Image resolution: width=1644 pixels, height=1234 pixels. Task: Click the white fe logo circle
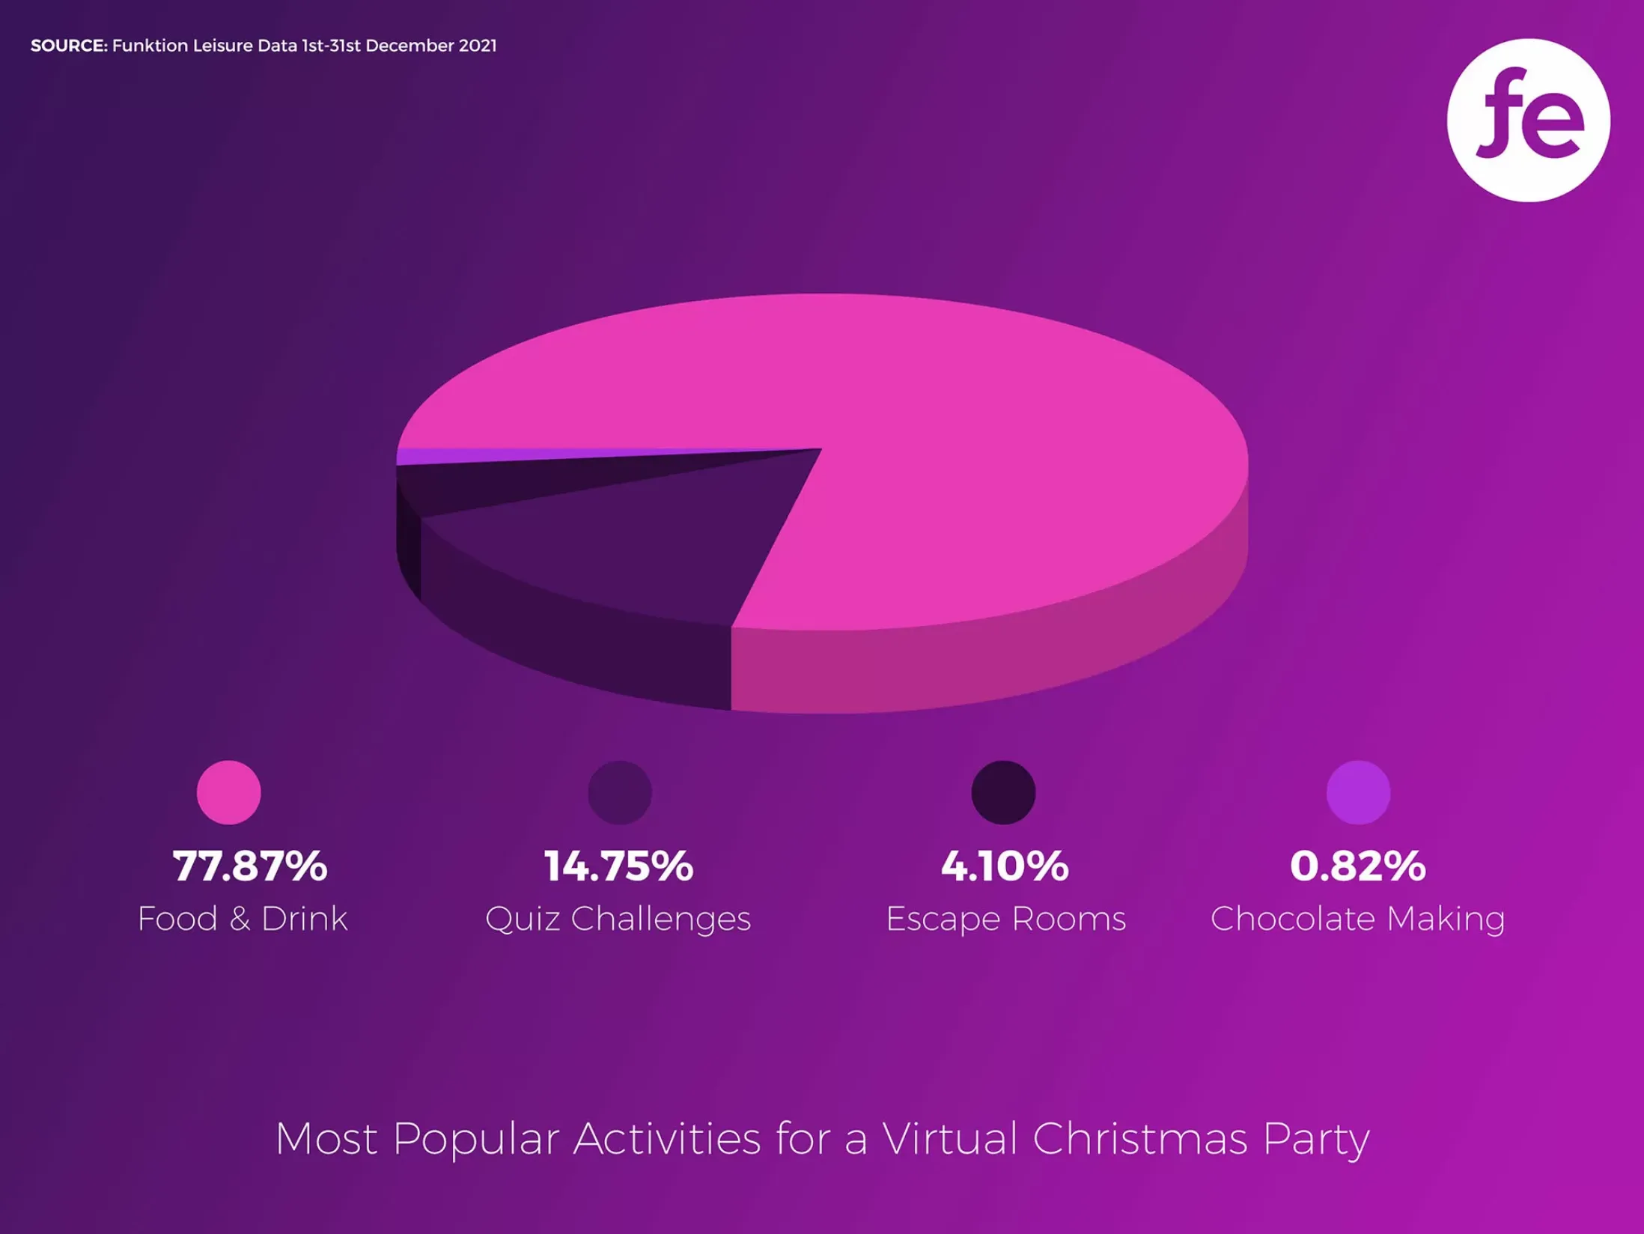[1528, 120]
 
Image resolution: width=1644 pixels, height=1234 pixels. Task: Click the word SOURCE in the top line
[69, 46]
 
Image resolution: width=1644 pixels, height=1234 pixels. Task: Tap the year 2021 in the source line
[478, 46]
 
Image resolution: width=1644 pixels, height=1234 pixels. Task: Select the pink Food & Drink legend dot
[228, 792]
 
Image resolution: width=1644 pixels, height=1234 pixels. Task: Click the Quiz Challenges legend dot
[619, 792]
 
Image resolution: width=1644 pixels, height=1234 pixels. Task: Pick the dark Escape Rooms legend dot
[1003, 792]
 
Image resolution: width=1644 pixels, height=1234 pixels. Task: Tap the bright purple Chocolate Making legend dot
[1358, 792]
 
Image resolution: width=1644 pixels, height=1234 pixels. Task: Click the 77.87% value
[249, 866]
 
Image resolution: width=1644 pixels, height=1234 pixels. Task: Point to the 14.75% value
[618, 866]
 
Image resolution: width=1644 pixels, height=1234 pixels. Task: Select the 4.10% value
[1005, 866]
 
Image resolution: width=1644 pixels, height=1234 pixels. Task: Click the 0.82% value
[1357, 866]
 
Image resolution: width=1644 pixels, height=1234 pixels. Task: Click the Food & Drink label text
[243, 919]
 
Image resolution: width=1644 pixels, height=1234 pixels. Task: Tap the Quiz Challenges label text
[618, 919]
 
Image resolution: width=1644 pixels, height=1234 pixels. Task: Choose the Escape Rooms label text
[1005, 919]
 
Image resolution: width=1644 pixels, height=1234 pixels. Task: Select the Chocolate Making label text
[1357, 919]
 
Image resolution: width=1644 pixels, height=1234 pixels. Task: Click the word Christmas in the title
[1140, 1139]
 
